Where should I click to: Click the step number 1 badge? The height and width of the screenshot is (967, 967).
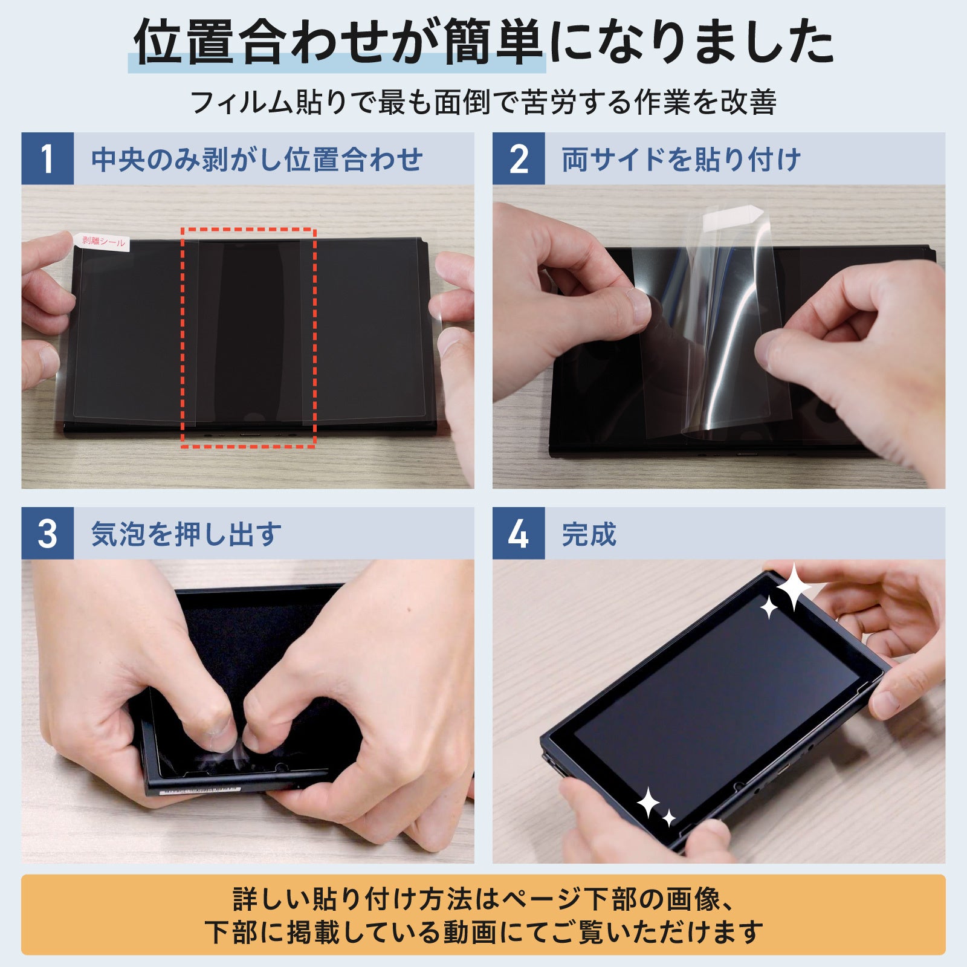coord(47,158)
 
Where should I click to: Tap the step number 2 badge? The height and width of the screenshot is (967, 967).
coord(518,158)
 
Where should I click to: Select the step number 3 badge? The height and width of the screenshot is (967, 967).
coord(47,533)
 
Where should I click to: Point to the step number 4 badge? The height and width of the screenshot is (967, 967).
coord(518,533)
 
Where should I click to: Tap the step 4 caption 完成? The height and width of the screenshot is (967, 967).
coord(589,534)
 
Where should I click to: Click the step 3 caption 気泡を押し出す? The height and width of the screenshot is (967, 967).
coord(186,534)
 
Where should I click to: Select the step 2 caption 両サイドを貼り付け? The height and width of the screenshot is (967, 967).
coord(681,160)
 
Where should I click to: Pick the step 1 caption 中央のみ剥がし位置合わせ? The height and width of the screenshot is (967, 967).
coord(257,160)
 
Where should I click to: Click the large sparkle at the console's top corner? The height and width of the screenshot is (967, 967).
coord(793,586)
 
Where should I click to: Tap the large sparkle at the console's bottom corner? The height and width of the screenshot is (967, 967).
coord(648,802)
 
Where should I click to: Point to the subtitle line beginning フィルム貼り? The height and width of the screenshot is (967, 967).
coord(483,102)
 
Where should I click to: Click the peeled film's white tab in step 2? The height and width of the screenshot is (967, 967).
coord(733,215)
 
